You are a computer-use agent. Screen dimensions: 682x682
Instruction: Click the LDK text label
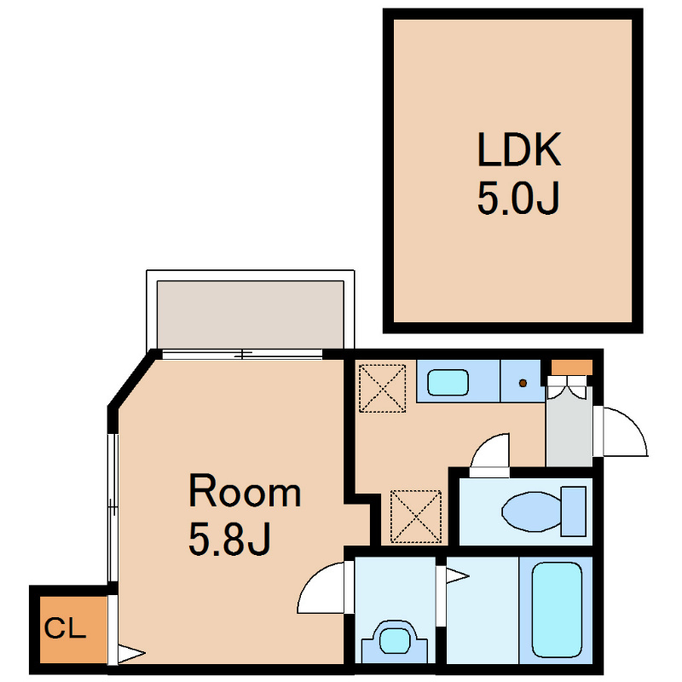(519, 149)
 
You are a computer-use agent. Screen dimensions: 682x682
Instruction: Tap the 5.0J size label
(518, 198)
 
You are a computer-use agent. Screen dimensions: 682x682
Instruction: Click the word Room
(245, 491)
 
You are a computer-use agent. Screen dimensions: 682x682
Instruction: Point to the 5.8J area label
(229, 539)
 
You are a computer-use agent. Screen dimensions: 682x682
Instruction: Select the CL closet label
(65, 628)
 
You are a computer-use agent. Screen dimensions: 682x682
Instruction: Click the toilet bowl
(531, 511)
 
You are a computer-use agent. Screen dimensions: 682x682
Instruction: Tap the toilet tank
(573, 511)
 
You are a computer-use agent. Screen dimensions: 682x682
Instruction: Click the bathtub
(557, 610)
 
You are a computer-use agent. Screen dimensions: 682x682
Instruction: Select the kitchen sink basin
(448, 382)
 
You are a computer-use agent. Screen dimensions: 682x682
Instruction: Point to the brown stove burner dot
(523, 383)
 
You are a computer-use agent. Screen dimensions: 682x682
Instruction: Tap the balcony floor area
(251, 315)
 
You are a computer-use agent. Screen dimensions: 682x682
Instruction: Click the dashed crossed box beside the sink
(382, 389)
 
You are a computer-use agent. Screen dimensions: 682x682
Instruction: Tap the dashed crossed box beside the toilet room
(416, 517)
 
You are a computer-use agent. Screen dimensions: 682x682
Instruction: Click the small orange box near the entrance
(571, 367)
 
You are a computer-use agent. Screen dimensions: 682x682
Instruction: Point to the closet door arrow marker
(131, 654)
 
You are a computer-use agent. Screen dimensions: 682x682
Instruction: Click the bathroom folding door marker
(457, 576)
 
